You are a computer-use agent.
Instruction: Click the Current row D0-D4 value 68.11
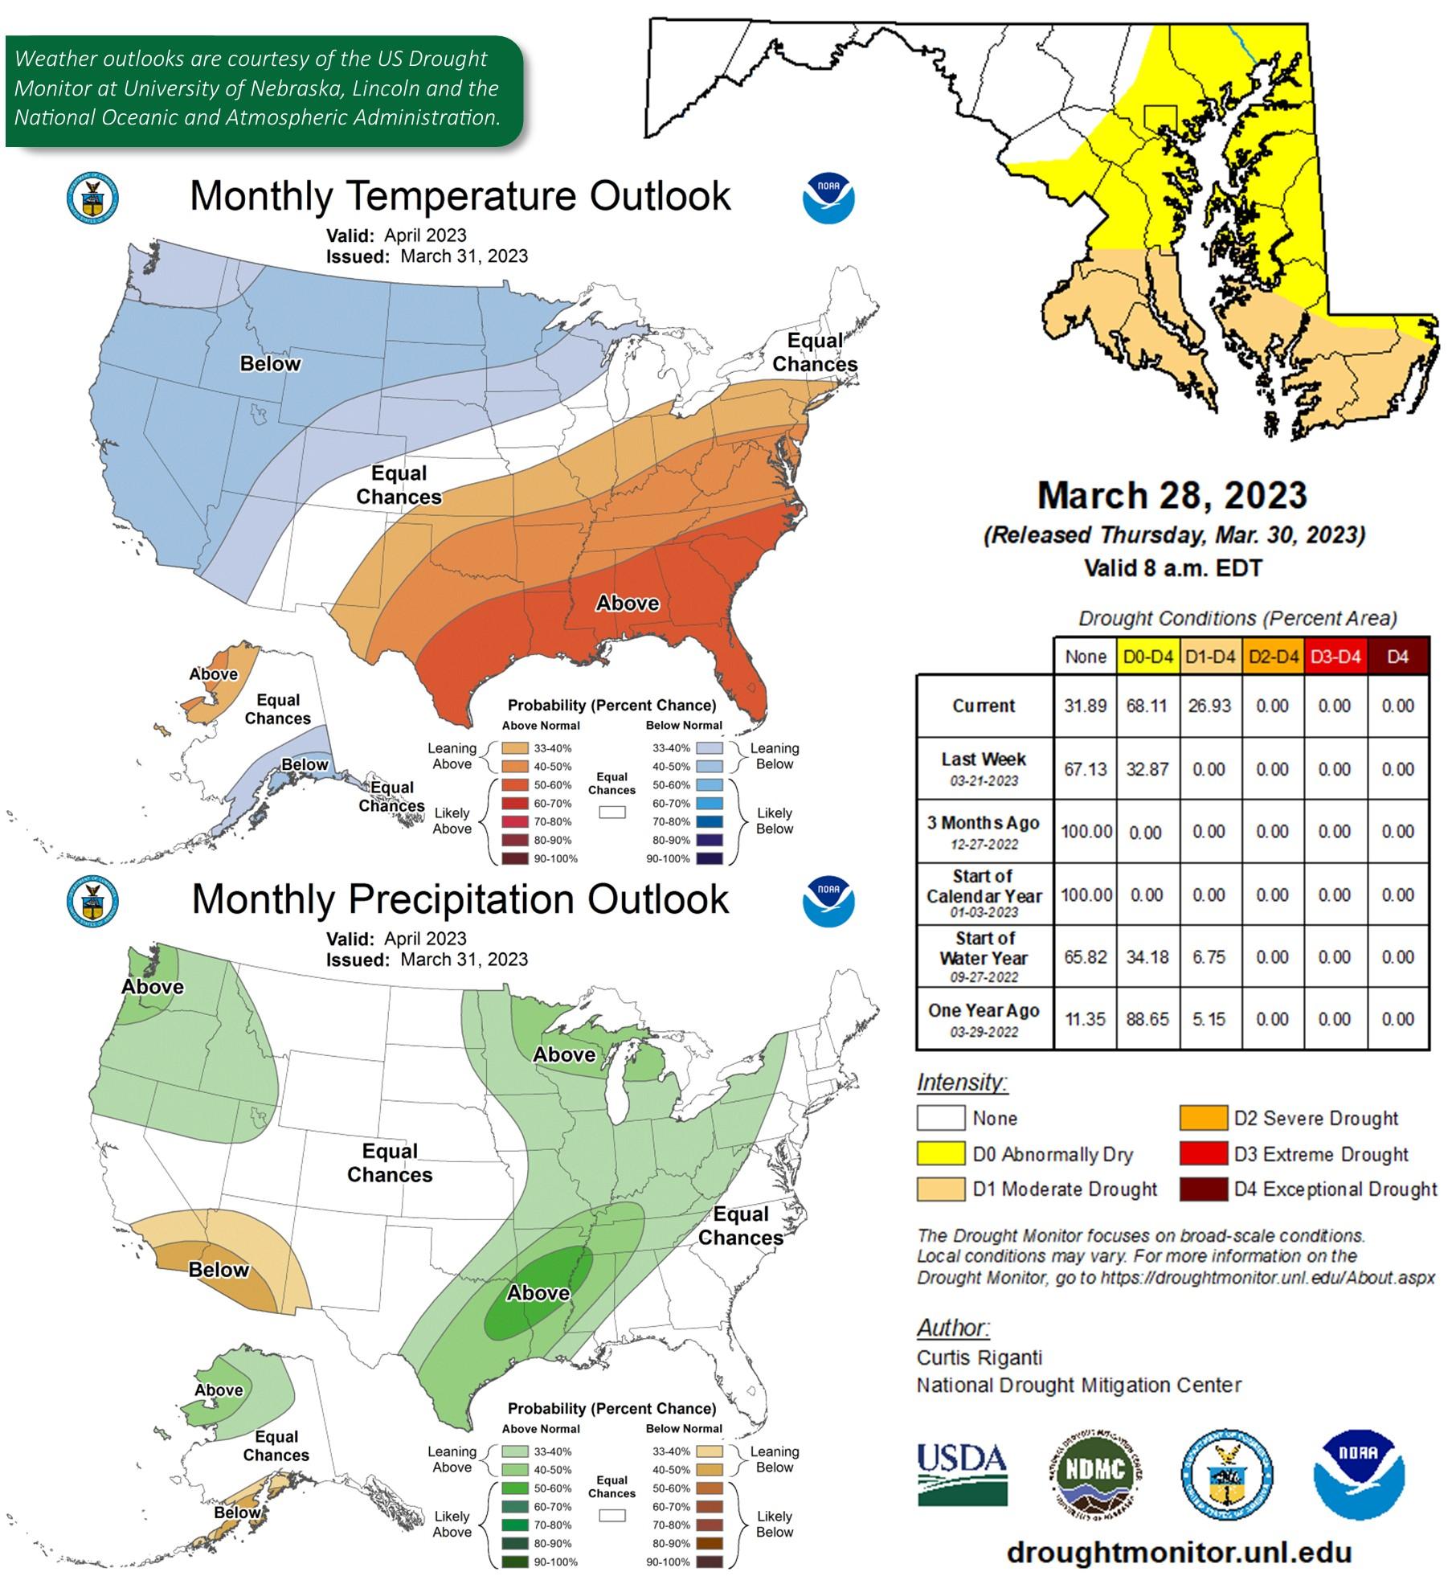(x=1147, y=706)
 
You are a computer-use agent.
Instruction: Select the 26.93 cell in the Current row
(x=1209, y=706)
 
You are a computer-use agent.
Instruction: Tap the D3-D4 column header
(x=1335, y=657)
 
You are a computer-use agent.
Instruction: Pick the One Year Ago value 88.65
(x=1147, y=1019)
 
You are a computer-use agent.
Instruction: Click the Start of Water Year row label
(x=984, y=956)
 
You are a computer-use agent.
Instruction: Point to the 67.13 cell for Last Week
(x=1085, y=769)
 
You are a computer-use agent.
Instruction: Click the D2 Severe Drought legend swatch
(x=1203, y=1118)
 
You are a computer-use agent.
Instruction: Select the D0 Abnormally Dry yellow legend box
(x=940, y=1154)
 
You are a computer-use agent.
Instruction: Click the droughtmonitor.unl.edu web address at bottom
(x=1179, y=1552)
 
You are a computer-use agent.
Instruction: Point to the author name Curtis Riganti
(x=979, y=1357)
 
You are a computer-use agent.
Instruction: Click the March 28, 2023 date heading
(x=1172, y=495)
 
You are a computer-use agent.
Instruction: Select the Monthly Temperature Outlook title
(x=460, y=196)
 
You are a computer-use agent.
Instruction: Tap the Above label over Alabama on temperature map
(x=627, y=603)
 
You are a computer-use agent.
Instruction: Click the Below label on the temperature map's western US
(x=270, y=364)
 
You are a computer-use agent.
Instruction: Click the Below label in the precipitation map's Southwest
(x=219, y=1270)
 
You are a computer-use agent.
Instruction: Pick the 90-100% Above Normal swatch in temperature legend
(x=514, y=858)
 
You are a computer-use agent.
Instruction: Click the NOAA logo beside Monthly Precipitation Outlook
(x=828, y=900)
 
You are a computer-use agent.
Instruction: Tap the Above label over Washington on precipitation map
(x=153, y=987)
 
